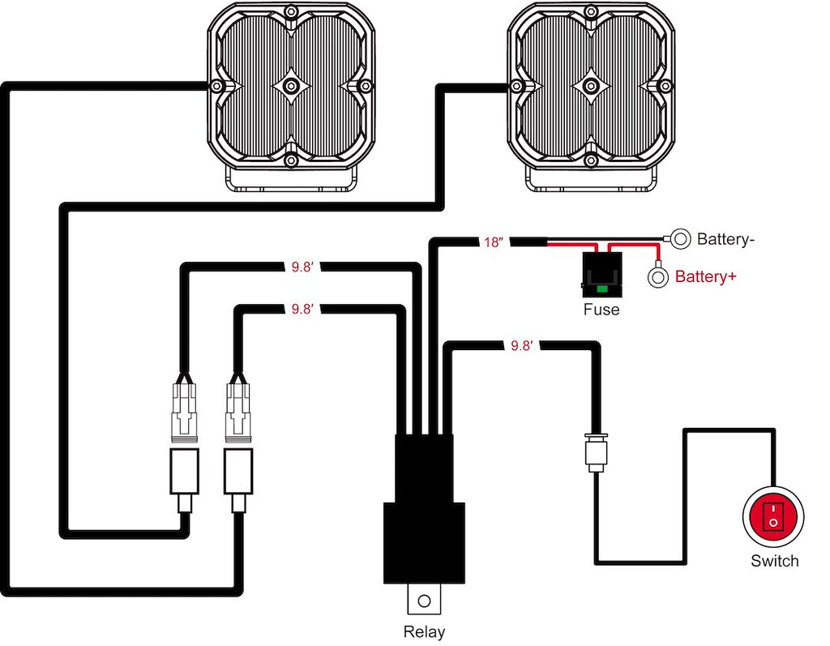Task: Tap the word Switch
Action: click(x=774, y=561)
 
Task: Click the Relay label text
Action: click(x=424, y=631)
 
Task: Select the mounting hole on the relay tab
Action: click(x=423, y=601)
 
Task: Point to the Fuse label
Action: click(x=601, y=310)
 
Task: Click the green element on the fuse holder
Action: click(x=601, y=288)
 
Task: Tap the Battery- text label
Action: click(x=726, y=239)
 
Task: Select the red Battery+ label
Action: click(x=705, y=277)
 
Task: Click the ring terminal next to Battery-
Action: click(x=681, y=238)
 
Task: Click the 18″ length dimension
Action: click(x=494, y=242)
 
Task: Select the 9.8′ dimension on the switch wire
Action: click(x=521, y=346)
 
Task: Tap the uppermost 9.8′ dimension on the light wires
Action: click(x=302, y=265)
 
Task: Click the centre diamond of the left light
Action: click(x=292, y=86)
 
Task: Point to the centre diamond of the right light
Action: click(x=591, y=86)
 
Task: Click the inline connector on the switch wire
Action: click(x=596, y=452)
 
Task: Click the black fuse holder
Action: click(x=601, y=272)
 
